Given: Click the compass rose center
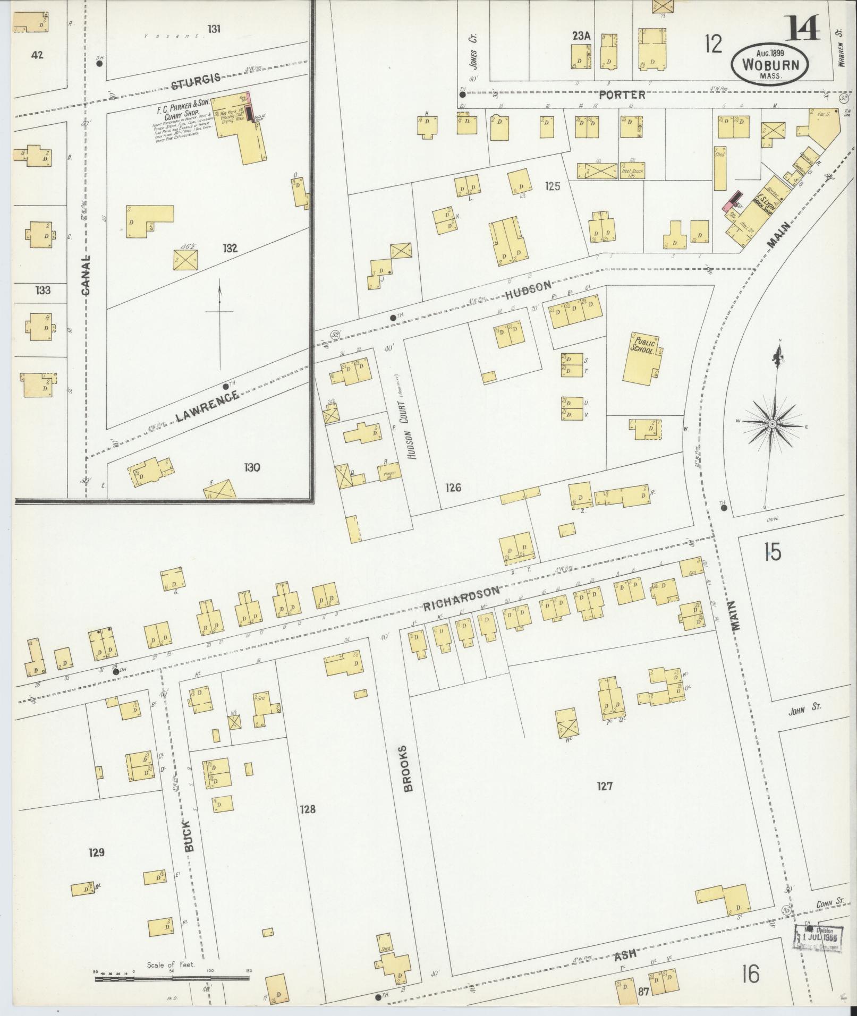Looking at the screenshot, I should point(773,423).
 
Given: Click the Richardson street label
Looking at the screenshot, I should point(462,597).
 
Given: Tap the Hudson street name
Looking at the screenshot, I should point(528,289).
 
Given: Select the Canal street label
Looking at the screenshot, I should point(87,275).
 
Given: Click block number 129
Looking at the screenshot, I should point(96,853).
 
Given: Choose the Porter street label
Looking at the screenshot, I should point(622,95).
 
